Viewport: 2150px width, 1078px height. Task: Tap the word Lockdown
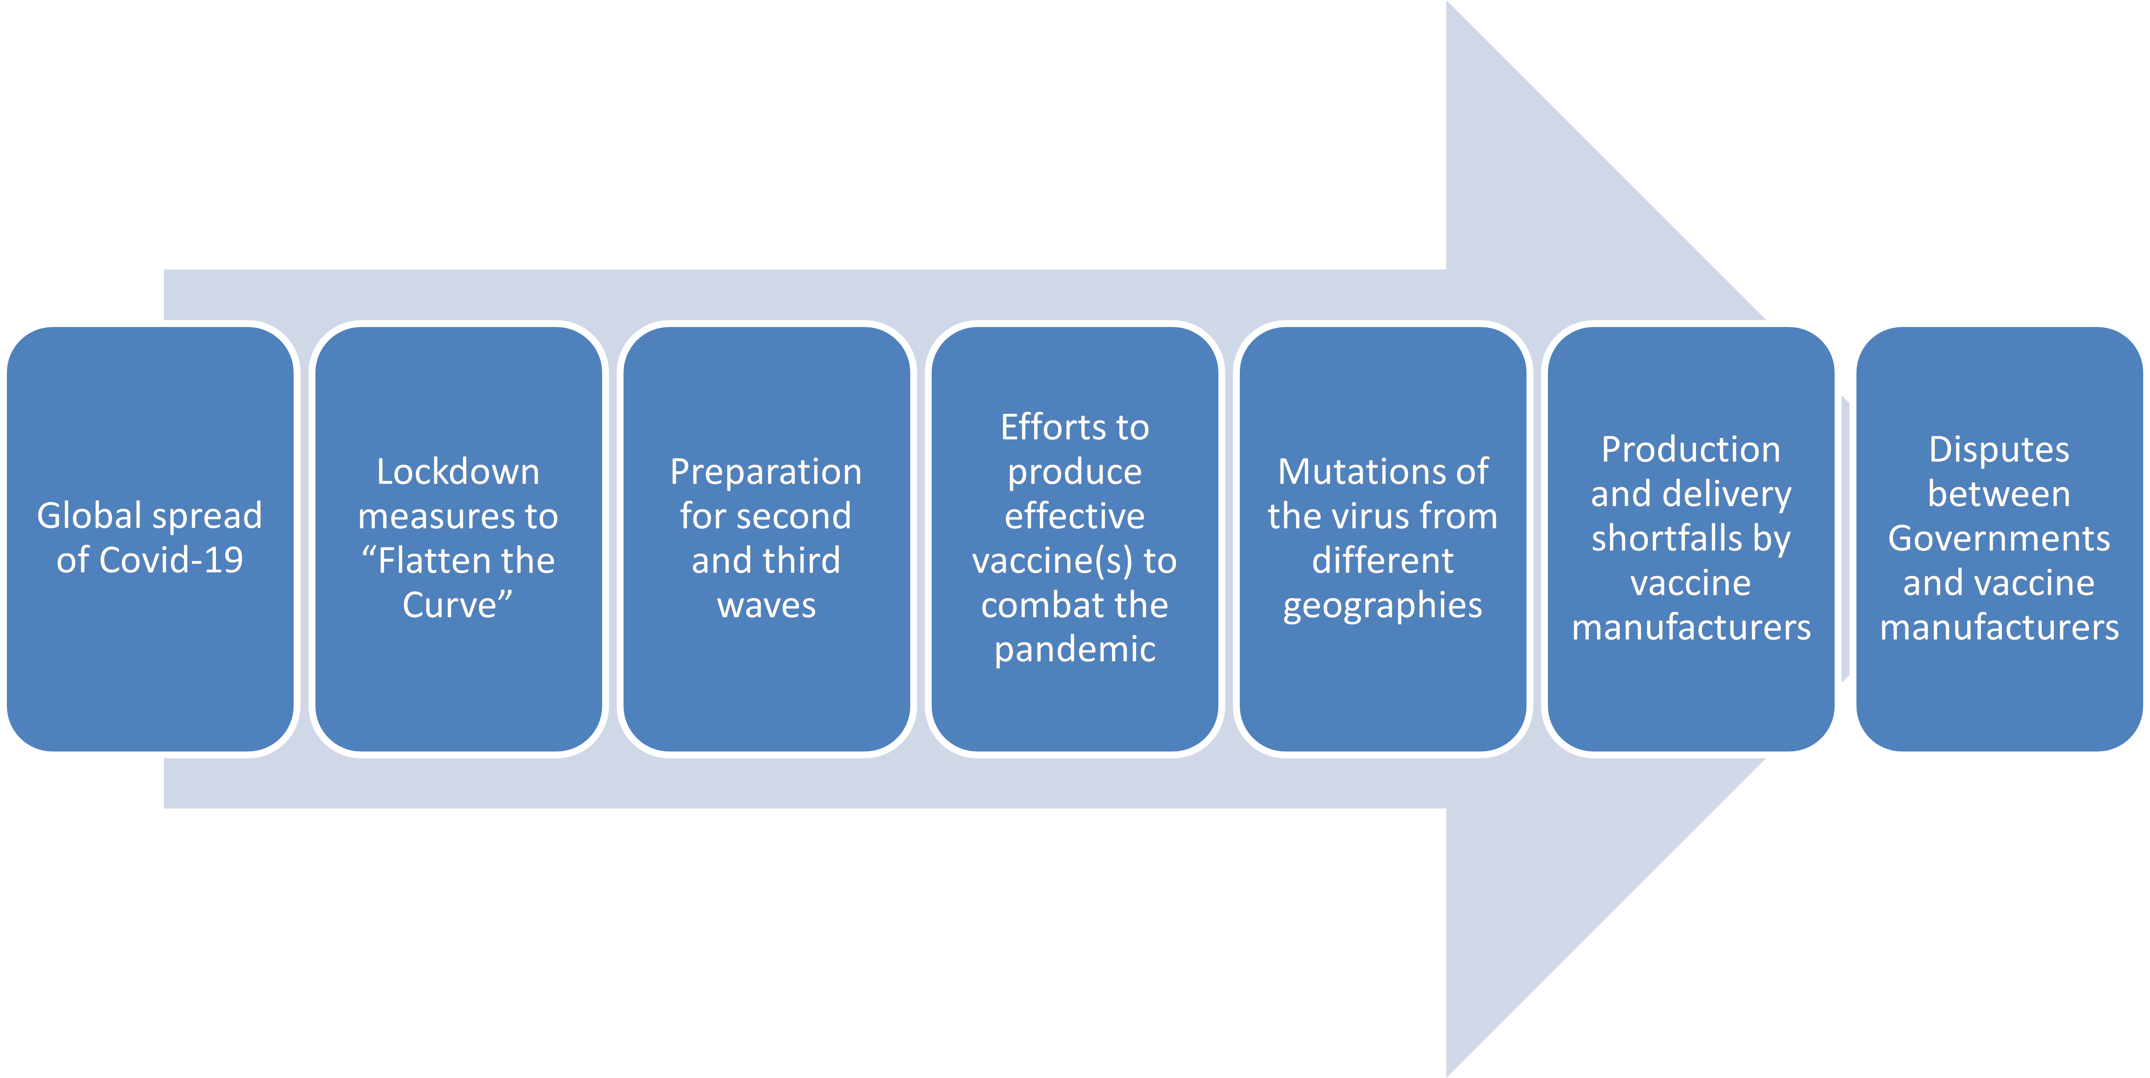(458, 471)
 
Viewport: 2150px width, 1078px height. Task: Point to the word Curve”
(457, 604)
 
